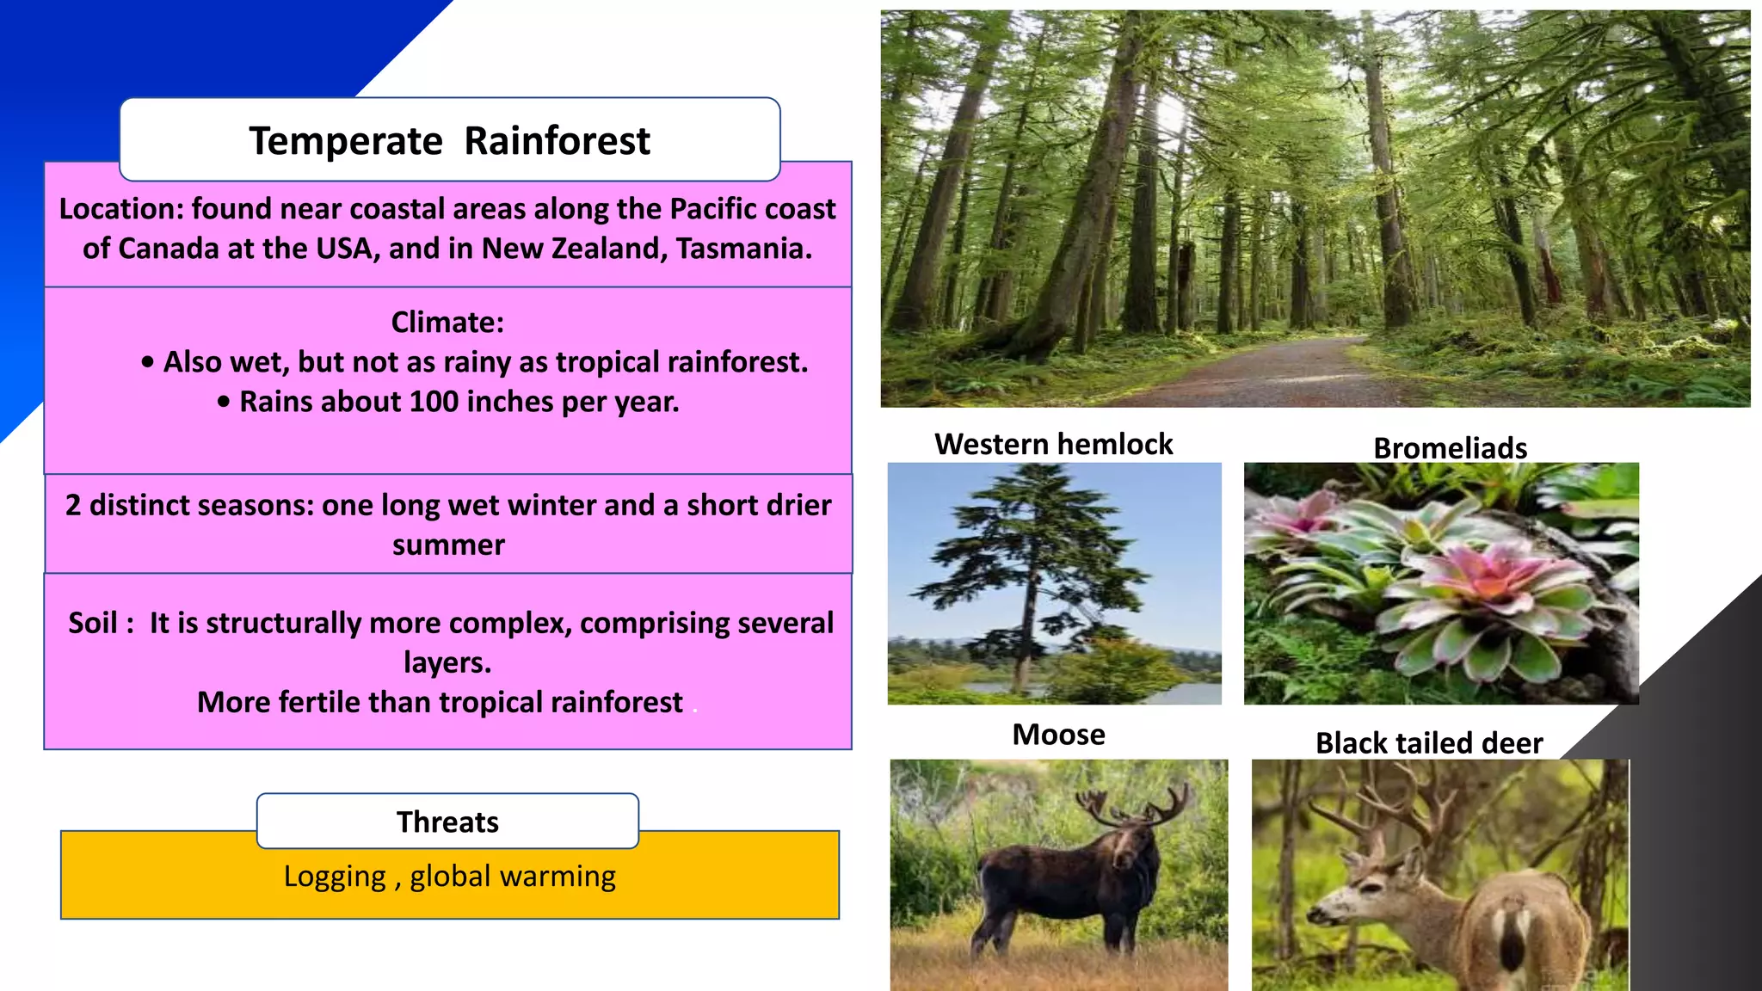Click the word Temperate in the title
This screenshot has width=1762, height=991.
point(345,141)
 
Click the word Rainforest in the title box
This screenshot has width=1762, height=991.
point(557,141)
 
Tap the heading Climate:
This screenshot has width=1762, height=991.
point(447,323)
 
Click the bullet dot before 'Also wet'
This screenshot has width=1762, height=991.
point(148,363)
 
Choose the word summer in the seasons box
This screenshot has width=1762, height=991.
point(448,545)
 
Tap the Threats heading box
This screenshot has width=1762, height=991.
point(447,822)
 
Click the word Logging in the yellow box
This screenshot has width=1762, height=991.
point(335,877)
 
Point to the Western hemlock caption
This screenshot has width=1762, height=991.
point(1053,444)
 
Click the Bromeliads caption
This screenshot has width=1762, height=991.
point(1450,448)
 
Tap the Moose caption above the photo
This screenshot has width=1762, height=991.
point(1058,735)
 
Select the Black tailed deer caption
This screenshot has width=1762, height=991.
point(1428,743)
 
